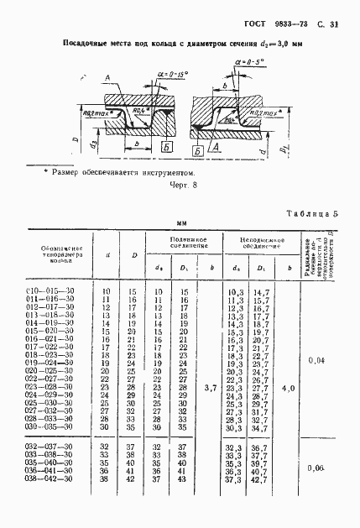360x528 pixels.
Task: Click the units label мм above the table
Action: coord(180,224)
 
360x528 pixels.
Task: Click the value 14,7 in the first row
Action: coord(261,290)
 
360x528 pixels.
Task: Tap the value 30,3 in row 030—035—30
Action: coord(235,427)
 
